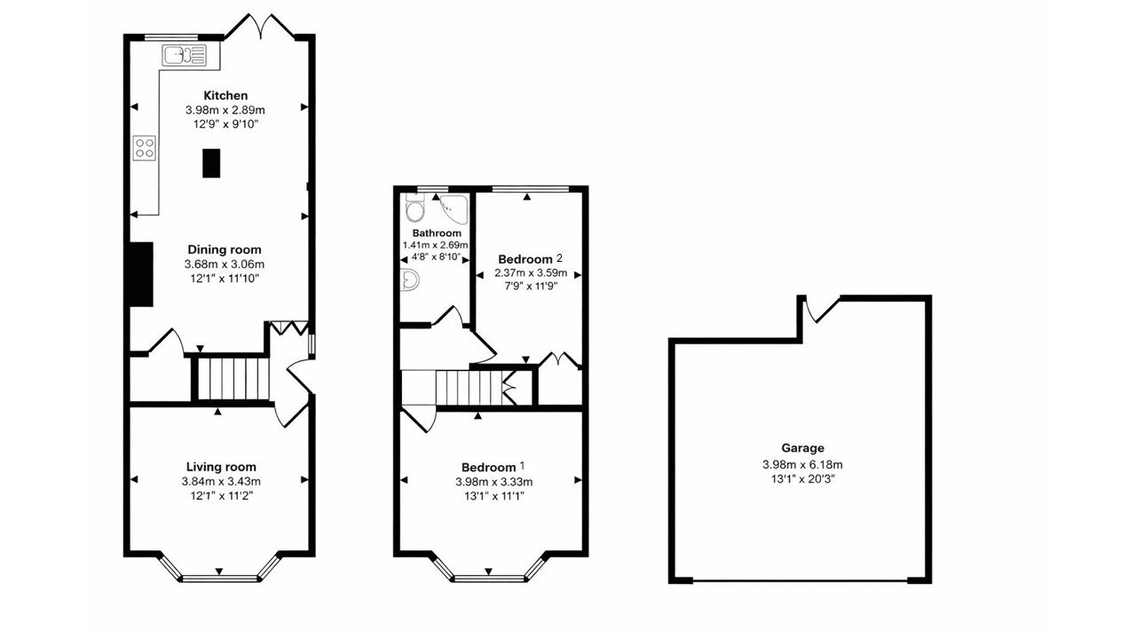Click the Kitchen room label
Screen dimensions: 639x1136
tap(225, 96)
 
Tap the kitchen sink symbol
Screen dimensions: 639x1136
tap(184, 56)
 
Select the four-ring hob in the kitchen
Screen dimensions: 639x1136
tap(145, 147)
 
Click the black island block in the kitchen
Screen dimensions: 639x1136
tap(211, 163)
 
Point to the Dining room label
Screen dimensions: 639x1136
tap(225, 250)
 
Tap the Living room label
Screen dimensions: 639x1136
tap(221, 467)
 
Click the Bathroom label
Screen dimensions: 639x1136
tap(436, 233)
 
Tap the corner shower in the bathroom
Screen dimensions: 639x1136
tap(454, 209)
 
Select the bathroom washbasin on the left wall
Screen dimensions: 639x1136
tap(410, 280)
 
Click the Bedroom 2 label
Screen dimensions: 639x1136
tap(531, 259)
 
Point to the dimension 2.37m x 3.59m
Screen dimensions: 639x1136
tap(530, 273)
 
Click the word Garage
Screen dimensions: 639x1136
tap(802, 449)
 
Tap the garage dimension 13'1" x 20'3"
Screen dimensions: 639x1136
tap(802, 479)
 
